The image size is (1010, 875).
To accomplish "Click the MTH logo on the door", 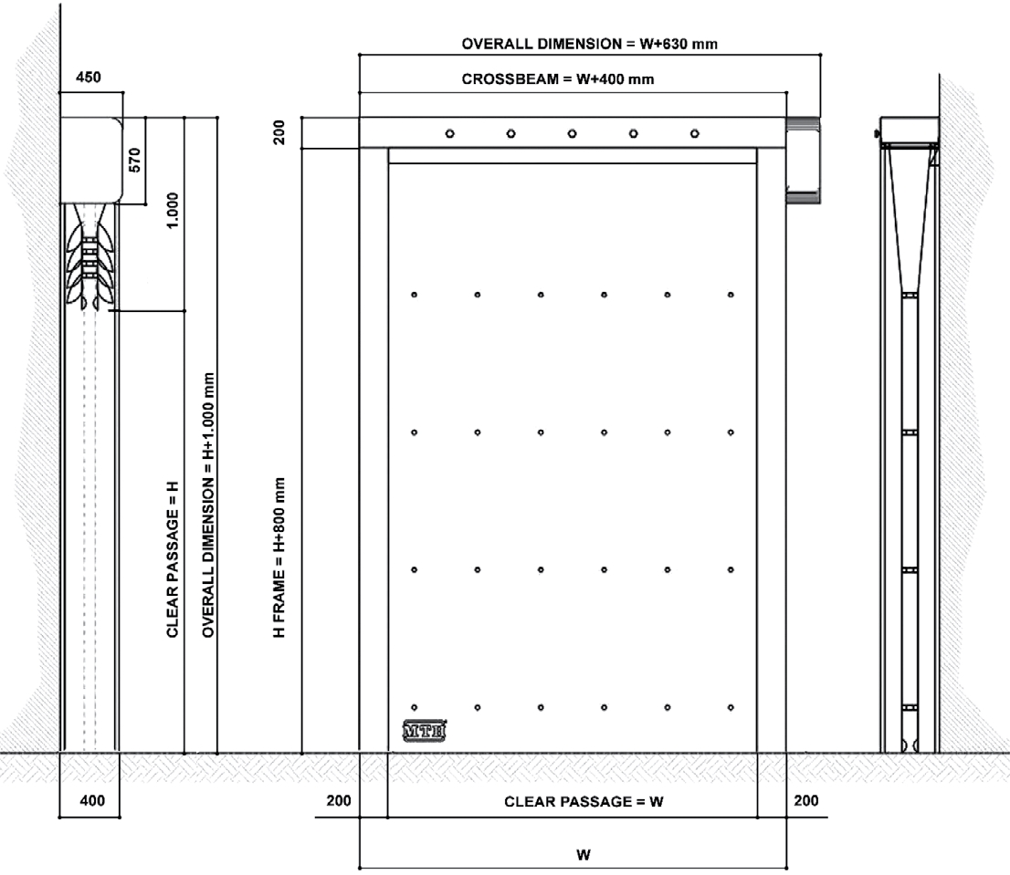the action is pyautogui.click(x=424, y=731).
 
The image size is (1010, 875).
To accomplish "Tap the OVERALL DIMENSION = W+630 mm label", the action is pyautogui.click(x=589, y=44).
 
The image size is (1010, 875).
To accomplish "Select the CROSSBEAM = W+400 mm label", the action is pyautogui.click(x=558, y=79).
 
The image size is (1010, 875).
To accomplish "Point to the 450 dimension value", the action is pyautogui.click(x=89, y=78).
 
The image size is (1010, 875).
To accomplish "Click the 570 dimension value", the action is pyautogui.click(x=134, y=161).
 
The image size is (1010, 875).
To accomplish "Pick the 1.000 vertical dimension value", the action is pyautogui.click(x=172, y=211).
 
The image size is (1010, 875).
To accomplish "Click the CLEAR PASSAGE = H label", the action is pyautogui.click(x=172, y=559).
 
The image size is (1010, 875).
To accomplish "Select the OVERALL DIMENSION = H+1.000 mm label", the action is pyautogui.click(x=207, y=505).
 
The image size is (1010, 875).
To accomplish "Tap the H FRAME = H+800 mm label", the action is pyautogui.click(x=279, y=557).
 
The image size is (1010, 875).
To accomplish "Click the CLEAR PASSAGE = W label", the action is pyautogui.click(x=584, y=802).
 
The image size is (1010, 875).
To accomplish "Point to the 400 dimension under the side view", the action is pyautogui.click(x=92, y=800).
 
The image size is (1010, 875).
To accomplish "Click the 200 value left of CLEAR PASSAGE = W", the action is pyautogui.click(x=339, y=800).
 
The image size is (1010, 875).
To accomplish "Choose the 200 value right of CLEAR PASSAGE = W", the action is pyautogui.click(x=806, y=800).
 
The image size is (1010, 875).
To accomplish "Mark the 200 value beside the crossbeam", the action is pyautogui.click(x=279, y=132).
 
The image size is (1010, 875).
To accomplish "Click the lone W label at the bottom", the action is pyautogui.click(x=584, y=855).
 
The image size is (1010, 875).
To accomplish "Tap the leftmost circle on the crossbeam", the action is pyautogui.click(x=449, y=134).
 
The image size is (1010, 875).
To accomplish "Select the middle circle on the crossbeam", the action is pyautogui.click(x=572, y=134).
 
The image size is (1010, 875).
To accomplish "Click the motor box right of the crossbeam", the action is pyautogui.click(x=804, y=161).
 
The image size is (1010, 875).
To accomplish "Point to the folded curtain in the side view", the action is pyautogui.click(x=89, y=257).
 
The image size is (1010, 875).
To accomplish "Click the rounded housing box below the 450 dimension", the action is pyautogui.click(x=90, y=161).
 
